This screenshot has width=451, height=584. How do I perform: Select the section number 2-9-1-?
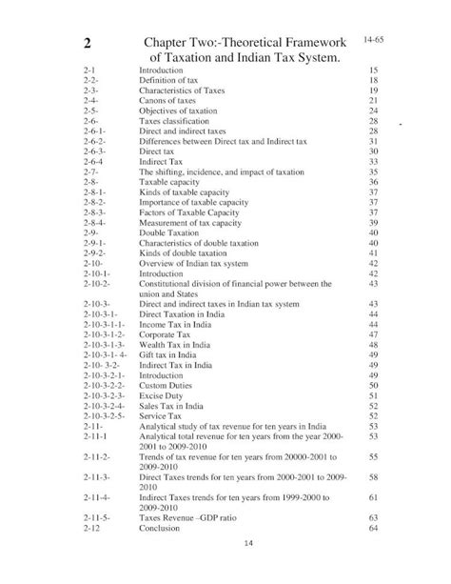point(94,243)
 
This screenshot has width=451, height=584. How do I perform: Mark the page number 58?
point(373,475)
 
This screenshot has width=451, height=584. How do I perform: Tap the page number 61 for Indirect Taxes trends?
point(373,496)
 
